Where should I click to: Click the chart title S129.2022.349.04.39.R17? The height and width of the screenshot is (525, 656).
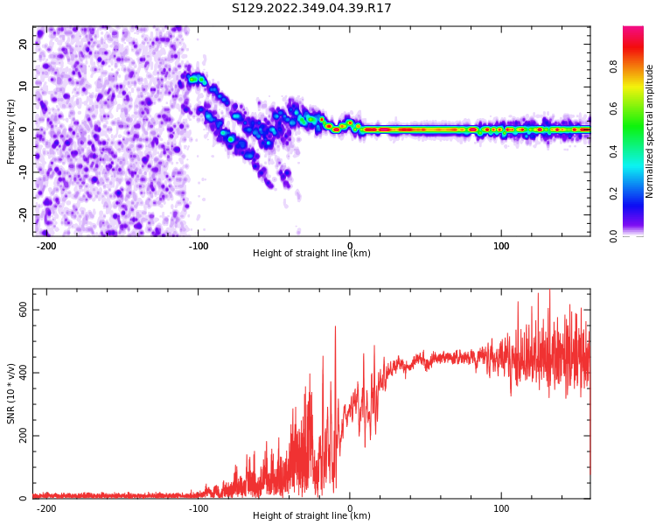coord(311,9)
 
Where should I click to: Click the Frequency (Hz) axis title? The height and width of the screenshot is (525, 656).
coord(11,131)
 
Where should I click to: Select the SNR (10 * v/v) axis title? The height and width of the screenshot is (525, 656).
coord(11,394)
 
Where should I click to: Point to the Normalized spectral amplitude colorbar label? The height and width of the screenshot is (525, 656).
coord(650,131)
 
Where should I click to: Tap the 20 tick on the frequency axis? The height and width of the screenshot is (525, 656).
coord(24,43)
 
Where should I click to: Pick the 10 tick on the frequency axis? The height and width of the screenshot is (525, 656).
coord(24,86)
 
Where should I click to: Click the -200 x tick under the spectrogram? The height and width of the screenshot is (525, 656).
coord(46,246)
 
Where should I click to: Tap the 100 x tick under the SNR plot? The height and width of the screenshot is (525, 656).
coord(502,508)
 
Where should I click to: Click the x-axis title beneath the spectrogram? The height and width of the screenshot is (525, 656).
coord(311,254)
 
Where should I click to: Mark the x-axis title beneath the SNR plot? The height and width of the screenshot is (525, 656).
coord(311,516)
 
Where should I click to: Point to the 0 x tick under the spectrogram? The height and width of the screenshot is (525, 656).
coord(350,246)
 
